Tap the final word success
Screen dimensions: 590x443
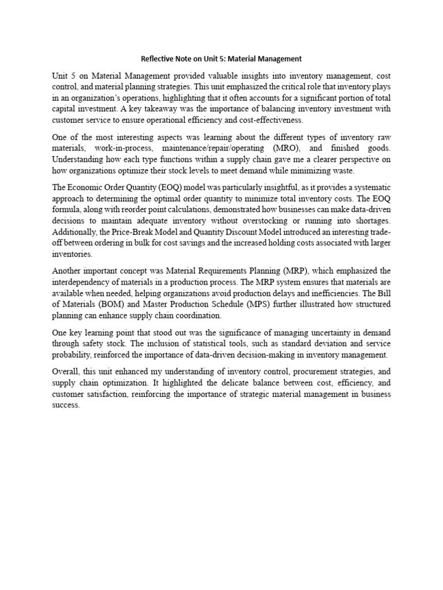pyautogui.click(x=66, y=405)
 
